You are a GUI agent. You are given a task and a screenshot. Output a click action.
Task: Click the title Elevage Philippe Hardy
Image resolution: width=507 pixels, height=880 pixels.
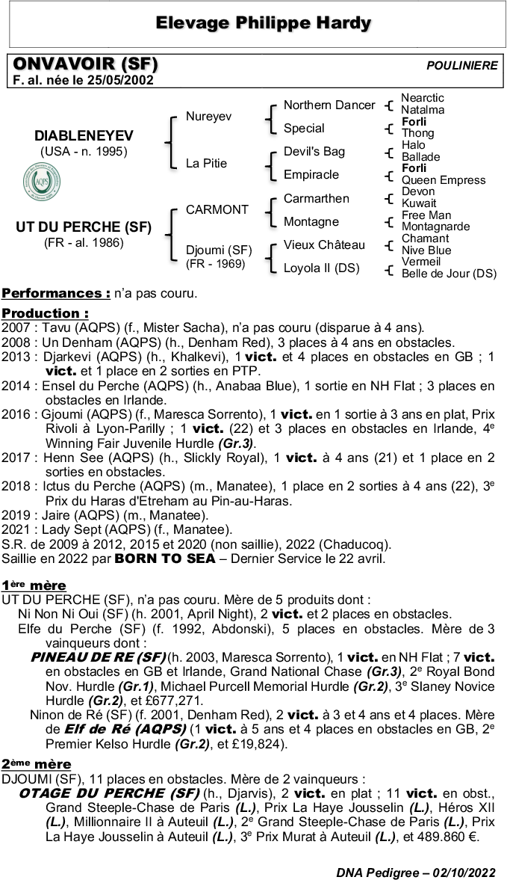[x=263, y=23]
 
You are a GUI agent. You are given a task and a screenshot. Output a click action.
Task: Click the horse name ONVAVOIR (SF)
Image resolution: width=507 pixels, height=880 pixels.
[x=85, y=64]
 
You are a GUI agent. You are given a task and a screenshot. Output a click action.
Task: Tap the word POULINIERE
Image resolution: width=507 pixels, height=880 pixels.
[x=461, y=66]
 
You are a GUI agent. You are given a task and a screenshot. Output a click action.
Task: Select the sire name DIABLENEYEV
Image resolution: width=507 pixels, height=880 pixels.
[x=84, y=135]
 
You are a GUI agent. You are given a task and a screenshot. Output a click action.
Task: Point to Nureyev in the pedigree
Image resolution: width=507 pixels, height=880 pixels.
[x=208, y=117]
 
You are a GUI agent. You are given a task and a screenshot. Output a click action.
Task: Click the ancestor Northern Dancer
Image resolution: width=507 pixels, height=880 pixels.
[x=329, y=105]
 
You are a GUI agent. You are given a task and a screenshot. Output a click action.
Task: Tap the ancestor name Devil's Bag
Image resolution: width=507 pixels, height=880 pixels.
[x=314, y=152]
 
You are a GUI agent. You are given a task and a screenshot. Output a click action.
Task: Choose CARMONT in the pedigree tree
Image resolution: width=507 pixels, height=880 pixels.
[x=216, y=210]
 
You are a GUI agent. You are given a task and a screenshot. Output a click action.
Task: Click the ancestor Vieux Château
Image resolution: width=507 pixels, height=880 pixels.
[x=324, y=245]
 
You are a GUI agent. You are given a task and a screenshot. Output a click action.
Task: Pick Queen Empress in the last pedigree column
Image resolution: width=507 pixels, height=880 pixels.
[x=443, y=180]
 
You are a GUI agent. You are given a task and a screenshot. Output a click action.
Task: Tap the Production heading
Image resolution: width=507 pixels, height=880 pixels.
[x=45, y=313]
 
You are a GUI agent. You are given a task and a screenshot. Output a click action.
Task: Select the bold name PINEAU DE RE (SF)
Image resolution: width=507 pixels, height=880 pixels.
[x=98, y=657]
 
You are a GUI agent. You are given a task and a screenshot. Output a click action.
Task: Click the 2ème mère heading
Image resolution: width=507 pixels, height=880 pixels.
[x=37, y=764]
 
